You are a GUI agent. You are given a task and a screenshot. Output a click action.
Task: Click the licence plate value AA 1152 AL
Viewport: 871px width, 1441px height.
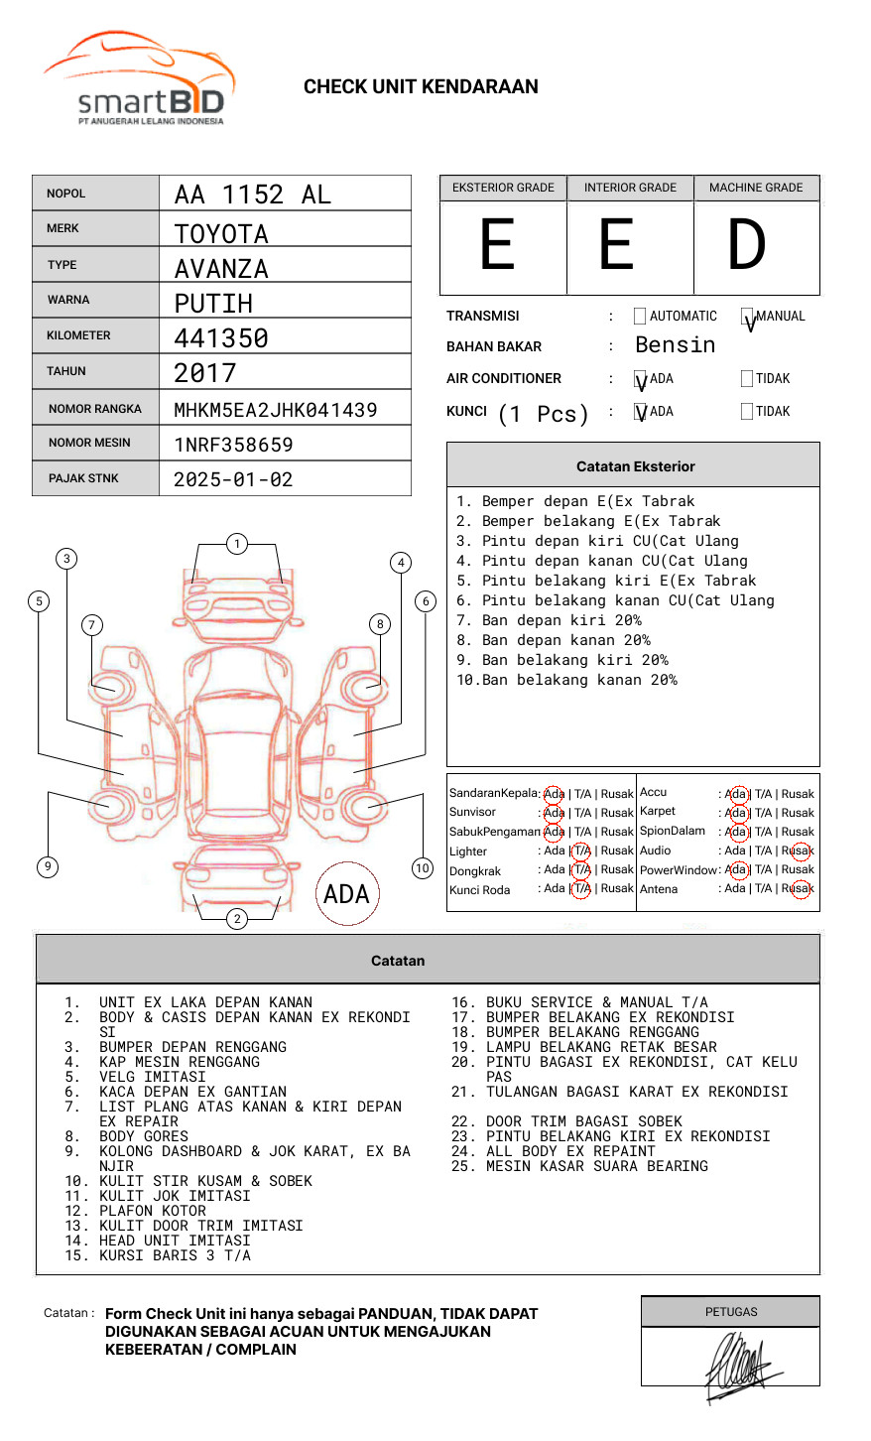pos(253,195)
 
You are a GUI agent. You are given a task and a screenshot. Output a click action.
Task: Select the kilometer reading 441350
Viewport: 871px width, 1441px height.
pos(221,338)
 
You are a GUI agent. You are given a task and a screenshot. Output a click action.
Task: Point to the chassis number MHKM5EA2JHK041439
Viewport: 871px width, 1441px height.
pos(276,410)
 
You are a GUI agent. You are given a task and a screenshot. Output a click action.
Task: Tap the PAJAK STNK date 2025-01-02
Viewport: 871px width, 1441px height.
pos(233,479)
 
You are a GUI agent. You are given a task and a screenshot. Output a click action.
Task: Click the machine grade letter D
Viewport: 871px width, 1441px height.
pos(746,244)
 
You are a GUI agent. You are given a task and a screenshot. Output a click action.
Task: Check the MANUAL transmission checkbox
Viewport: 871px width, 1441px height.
pos(747,316)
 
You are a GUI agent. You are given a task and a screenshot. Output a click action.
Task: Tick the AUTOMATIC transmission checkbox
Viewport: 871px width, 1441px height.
pos(640,316)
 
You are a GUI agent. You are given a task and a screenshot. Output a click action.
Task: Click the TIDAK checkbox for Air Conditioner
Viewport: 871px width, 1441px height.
pos(747,378)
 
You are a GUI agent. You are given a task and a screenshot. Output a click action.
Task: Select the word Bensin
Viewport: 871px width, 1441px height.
pos(676,345)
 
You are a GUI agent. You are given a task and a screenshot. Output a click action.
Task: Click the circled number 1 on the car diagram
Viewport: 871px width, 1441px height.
pos(237,544)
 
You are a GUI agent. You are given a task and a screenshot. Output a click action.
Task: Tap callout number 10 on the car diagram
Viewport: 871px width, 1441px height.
pos(422,868)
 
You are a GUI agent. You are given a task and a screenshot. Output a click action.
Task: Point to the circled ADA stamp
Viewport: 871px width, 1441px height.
pos(347,893)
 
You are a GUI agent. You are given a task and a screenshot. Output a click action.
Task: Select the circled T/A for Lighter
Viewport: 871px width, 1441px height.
pos(581,851)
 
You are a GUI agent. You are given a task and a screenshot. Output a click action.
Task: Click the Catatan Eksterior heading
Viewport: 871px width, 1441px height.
pos(636,466)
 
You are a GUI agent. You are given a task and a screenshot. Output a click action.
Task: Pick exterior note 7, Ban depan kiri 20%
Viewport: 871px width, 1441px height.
pos(549,620)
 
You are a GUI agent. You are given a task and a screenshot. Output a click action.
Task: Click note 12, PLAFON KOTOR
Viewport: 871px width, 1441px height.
pos(135,1211)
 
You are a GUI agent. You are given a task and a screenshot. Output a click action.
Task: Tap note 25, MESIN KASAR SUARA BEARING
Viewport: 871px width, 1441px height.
pos(579,1166)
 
